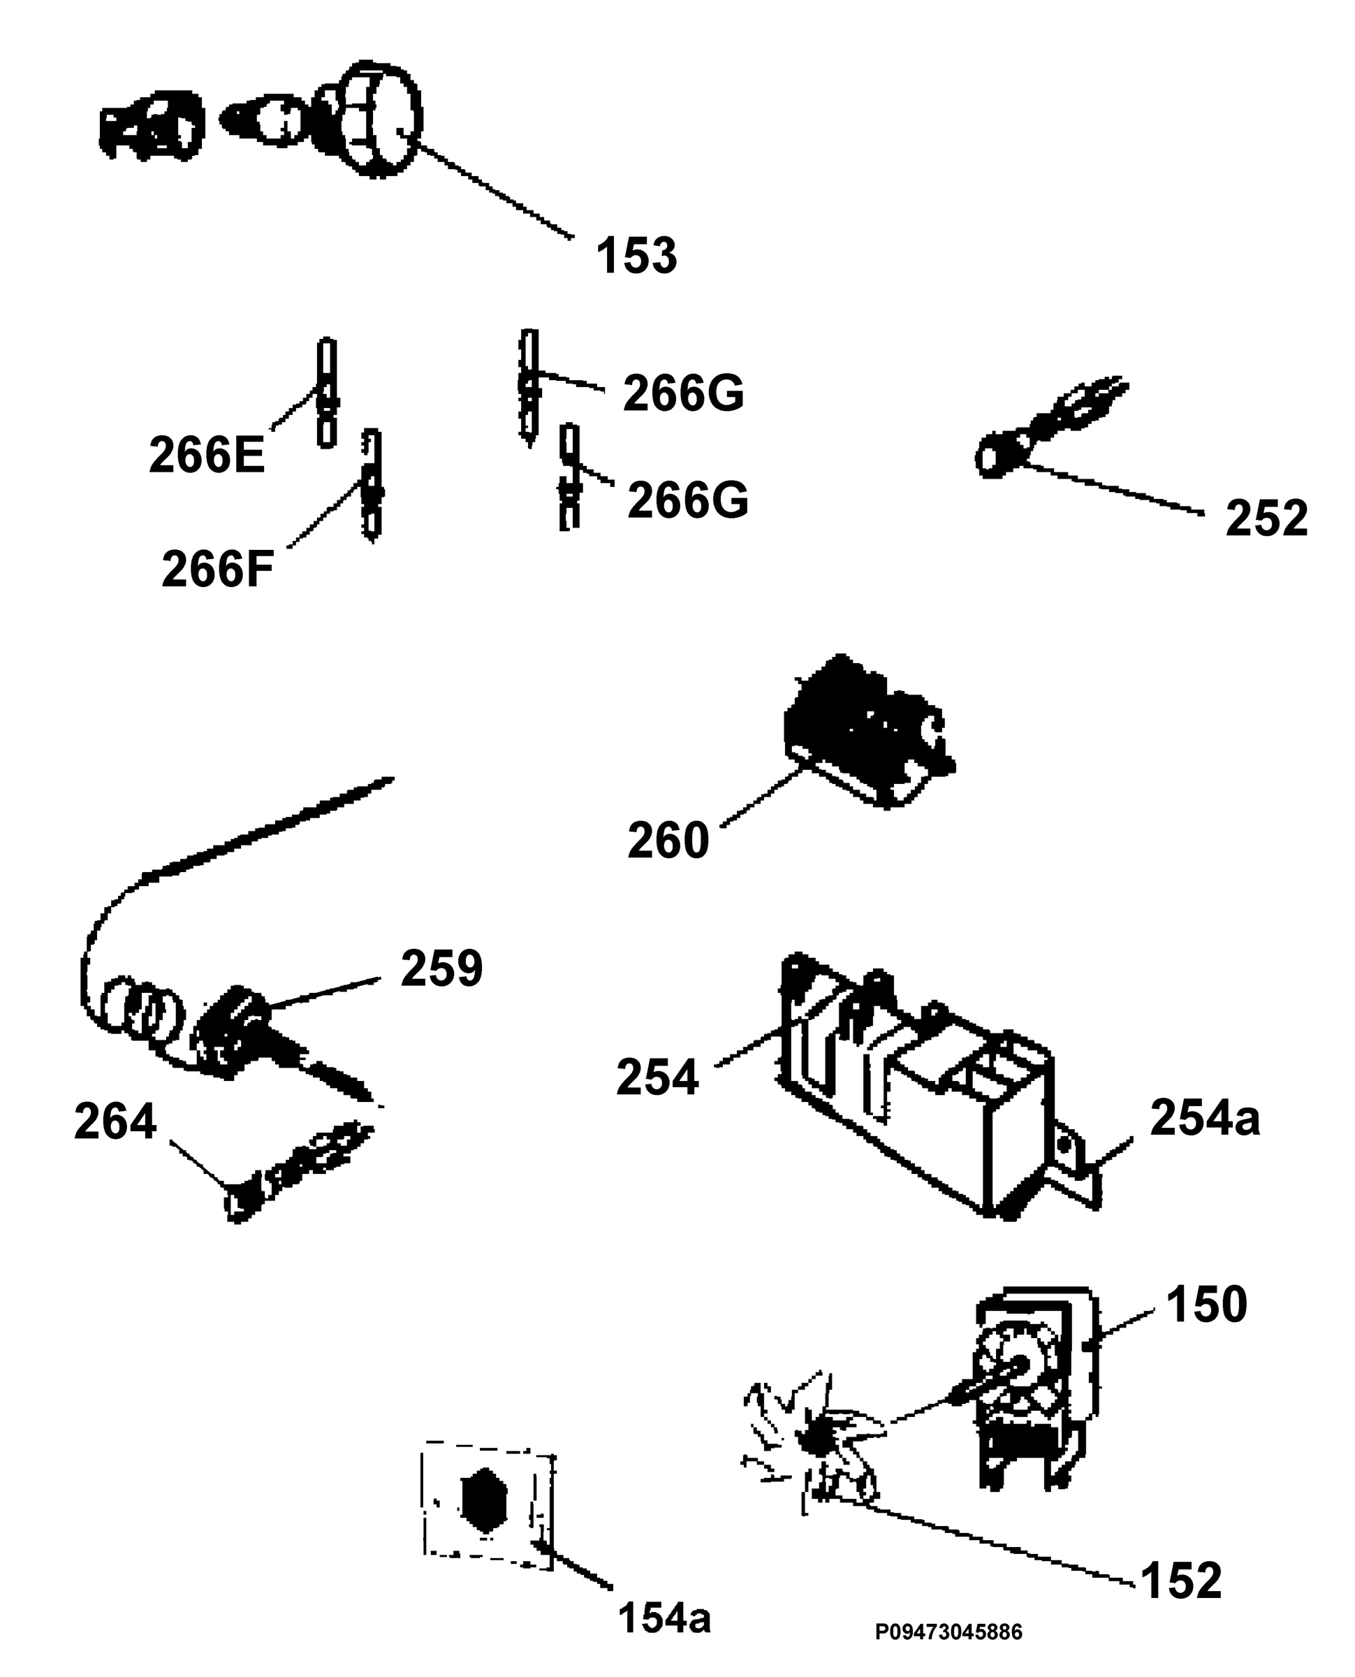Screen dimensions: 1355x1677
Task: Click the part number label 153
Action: [x=636, y=255]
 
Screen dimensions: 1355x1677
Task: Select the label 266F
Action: [x=218, y=569]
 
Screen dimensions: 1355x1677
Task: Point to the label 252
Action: [x=1266, y=518]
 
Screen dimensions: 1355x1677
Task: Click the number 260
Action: [x=668, y=841]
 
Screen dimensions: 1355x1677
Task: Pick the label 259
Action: [x=442, y=969]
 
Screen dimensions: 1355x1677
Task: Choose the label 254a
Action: [x=1205, y=1117]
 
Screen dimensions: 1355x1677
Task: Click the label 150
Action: [x=1207, y=1305]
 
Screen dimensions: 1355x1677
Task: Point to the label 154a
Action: [x=664, y=1618]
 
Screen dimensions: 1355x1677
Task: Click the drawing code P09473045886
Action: [x=948, y=1632]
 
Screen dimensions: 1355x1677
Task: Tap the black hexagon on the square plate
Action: [x=484, y=1500]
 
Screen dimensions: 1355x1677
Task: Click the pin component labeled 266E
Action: [x=327, y=393]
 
